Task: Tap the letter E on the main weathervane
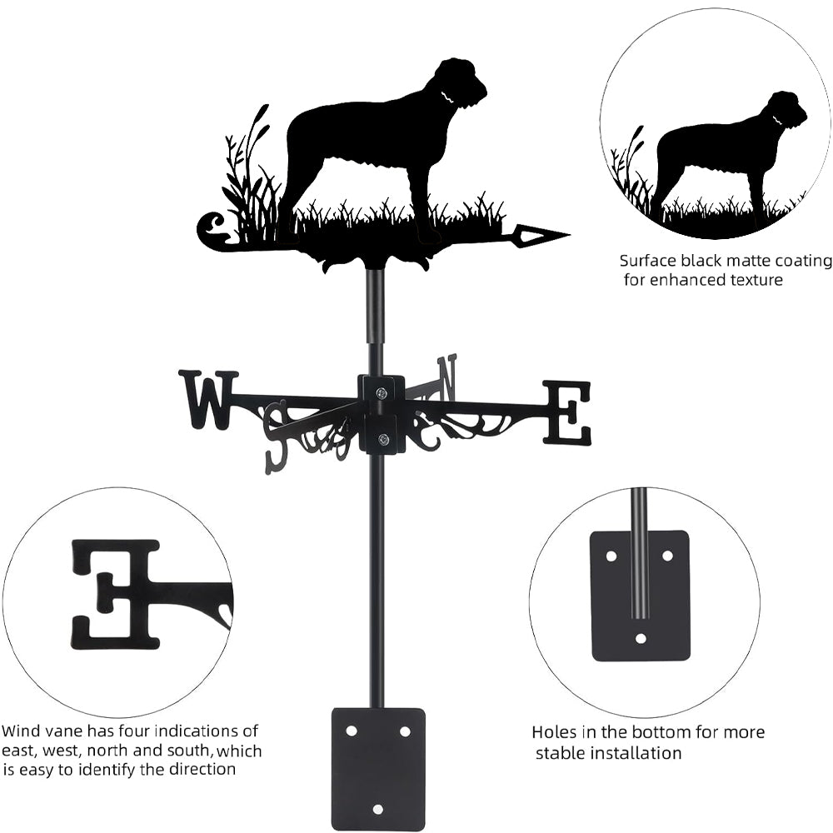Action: (566, 412)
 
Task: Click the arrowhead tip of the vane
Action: (570, 234)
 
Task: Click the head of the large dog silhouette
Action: (462, 82)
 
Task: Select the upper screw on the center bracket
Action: (382, 393)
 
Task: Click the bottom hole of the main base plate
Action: (377, 809)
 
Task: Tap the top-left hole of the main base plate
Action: (351, 731)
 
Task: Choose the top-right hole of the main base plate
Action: (405, 731)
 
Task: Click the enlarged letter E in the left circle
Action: (115, 595)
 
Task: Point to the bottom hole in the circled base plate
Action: (641, 638)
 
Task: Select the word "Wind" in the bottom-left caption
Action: (20, 731)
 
